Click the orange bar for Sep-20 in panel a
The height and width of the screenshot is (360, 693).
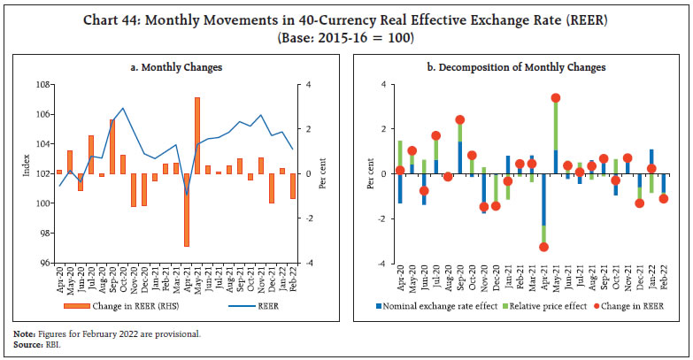click(112, 146)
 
